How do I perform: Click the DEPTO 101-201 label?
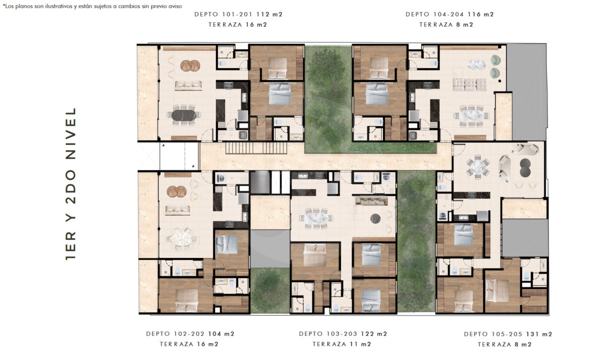coord(223,15)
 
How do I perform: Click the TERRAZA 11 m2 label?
coord(342,344)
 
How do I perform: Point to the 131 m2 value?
coord(539,334)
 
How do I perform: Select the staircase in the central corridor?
coord(256,148)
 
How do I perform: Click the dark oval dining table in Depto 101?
coord(184,115)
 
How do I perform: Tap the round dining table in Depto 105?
coord(477,167)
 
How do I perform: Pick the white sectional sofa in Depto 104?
coord(470,84)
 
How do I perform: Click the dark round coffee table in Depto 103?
coord(376,218)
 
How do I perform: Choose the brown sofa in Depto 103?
coord(372,201)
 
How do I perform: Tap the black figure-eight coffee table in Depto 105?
coord(525,168)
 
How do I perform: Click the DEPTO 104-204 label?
coord(435,15)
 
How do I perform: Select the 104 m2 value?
coord(221,334)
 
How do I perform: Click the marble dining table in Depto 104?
coord(471,115)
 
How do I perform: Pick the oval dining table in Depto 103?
coord(316,218)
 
